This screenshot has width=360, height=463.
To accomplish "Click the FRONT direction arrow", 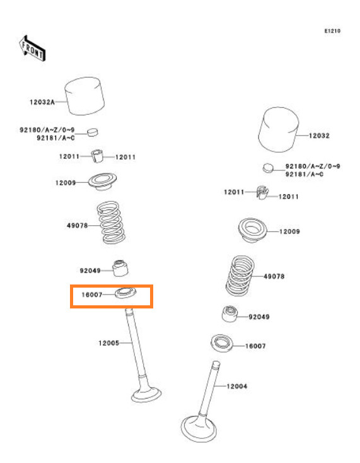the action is point(32,49).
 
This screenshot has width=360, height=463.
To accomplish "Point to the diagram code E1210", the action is point(332,31).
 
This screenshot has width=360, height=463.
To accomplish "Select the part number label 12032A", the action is point(42,102).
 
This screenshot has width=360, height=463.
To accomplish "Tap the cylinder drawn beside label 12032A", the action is point(84,96).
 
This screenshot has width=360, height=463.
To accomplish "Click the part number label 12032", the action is point(319,136).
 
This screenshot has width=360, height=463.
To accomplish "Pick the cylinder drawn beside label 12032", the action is point(278,130).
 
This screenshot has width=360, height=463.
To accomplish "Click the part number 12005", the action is point(108,343).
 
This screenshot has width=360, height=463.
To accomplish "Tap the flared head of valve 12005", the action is point(146,394).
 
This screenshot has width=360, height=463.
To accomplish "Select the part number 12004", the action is point(236,386).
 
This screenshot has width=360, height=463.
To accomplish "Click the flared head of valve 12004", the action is point(199,428).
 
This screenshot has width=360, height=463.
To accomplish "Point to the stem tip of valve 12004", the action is point(216,363).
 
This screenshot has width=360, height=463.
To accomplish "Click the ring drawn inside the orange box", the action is point(125,293).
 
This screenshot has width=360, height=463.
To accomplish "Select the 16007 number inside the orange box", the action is point(92,295).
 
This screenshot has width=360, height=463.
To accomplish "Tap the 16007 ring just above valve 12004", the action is point(222,343).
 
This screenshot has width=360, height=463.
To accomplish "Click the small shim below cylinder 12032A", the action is point(93,132).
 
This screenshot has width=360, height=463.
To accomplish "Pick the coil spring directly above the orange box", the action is point(111,223).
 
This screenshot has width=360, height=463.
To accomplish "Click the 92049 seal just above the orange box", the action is point(120,268).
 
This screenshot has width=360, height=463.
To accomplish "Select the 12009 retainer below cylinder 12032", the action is point(253,230).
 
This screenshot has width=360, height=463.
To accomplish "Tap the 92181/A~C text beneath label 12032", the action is point(305,174).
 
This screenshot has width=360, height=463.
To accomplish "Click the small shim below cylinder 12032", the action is point(268,168).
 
